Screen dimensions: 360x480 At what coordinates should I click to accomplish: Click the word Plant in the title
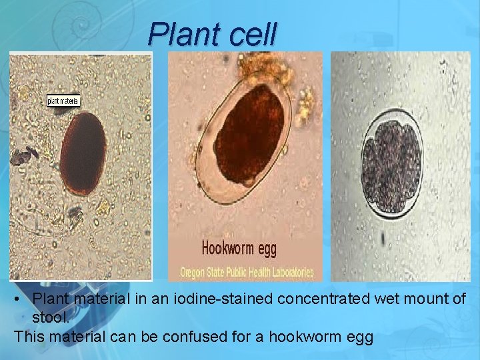coord(183,34)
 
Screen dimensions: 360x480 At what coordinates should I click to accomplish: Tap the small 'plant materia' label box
coord(63,101)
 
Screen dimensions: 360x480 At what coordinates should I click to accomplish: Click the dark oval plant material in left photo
coord(83,153)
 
